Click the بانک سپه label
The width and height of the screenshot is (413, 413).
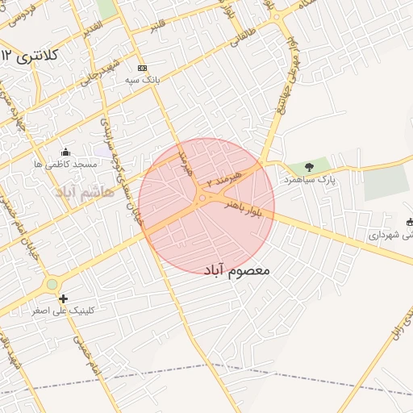[144, 81]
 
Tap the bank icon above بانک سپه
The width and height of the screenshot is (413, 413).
[143, 68]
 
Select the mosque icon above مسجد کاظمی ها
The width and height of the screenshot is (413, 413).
[65, 152]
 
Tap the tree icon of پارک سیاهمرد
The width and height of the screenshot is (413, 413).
[310, 166]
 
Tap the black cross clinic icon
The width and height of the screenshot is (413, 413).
[64, 298]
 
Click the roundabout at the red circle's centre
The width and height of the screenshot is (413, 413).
[202, 198]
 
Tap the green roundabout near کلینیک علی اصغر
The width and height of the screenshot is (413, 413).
[52, 284]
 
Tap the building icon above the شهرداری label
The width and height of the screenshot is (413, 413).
[411, 222]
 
